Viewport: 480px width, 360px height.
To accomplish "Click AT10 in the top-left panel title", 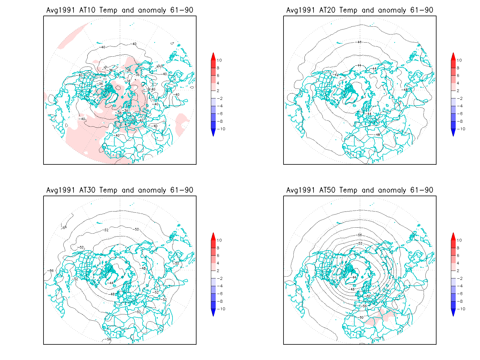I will (x=87, y=10).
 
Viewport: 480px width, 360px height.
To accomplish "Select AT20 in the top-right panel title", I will (x=327, y=10).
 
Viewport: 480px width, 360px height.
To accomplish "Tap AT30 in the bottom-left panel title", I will (x=87, y=190).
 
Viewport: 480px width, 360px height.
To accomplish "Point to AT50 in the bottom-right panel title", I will (x=327, y=190).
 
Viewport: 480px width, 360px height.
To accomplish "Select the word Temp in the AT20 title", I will (x=348, y=10).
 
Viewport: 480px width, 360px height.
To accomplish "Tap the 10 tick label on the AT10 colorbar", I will (x=219, y=60).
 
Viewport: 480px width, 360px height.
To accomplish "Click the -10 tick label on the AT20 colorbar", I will (x=461, y=129).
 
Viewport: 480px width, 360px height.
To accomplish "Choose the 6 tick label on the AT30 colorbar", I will (x=218, y=256).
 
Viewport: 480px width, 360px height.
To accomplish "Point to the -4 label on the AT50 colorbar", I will (x=460, y=286).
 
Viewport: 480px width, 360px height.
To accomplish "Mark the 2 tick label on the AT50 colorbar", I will (x=458, y=271).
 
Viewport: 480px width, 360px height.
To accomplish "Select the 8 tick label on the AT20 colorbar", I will (x=458, y=68).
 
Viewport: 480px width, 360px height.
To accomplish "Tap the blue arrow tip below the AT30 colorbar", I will (x=213, y=313).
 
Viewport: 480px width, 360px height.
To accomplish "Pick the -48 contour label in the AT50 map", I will (x=352, y=289).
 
